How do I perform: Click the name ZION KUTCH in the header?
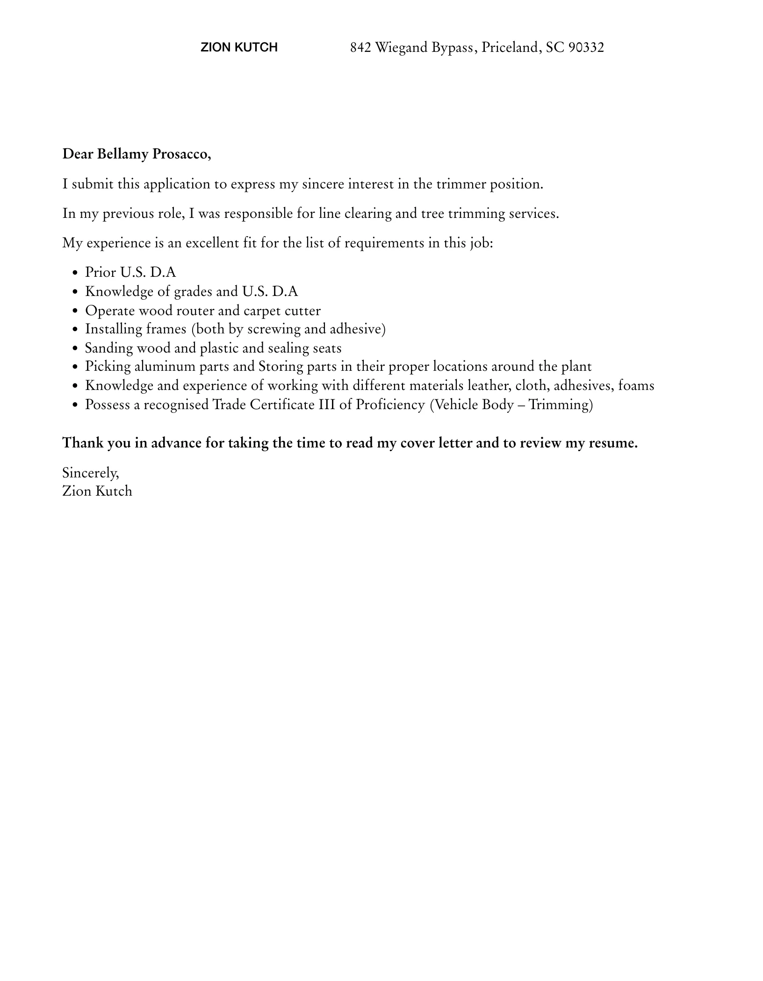[x=239, y=47]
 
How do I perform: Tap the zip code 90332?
[x=586, y=47]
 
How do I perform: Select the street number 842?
[x=360, y=47]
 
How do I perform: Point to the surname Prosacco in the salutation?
[x=182, y=154]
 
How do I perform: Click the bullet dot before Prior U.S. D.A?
[x=75, y=273]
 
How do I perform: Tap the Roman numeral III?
[x=327, y=404]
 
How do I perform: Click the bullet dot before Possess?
[x=75, y=405]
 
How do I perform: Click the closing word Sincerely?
[x=91, y=473]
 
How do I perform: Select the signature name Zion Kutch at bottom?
[x=97, y=491]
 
